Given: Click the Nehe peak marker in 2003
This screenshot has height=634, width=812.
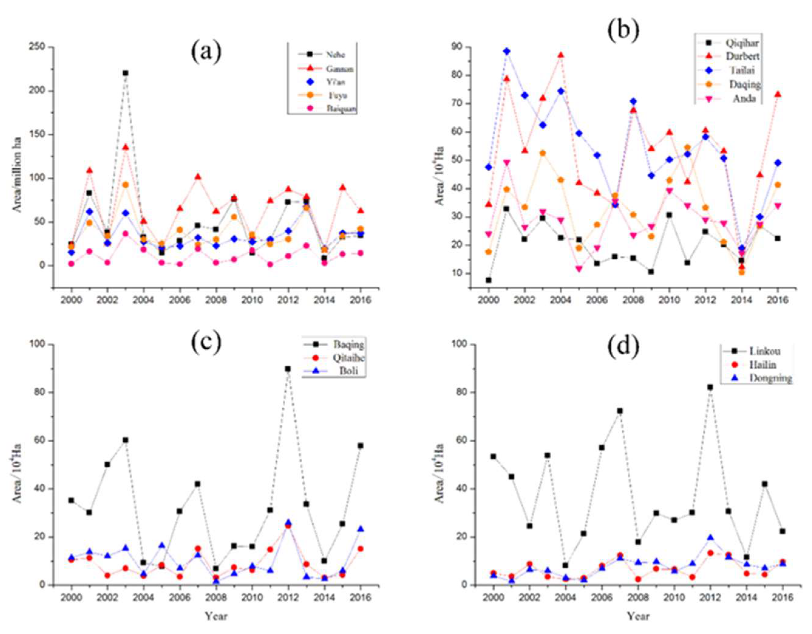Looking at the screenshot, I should pyautogui.click(x=126, y=73).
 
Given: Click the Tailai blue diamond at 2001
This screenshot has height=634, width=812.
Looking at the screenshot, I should pyautogui.click(x=507, y=51).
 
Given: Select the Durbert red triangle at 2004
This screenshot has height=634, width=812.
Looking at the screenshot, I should pyautogui.click(x=561, y=55).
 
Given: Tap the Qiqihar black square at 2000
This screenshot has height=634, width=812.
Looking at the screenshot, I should pyautogui.click(x=488, y=280).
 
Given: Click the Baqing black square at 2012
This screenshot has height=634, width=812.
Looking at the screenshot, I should pyautogui.click(x=288, y=369).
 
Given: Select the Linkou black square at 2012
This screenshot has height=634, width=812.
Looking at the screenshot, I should pyautogui.click(x=710, y=387).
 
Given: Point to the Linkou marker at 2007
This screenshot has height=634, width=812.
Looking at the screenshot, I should pyautogui.click(x=620, y=411).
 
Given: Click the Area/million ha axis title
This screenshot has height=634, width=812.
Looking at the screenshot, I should pyautogui.click(x=17, y=174).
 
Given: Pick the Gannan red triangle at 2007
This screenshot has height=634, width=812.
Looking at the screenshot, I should pyautogui.click(x=198, y=177).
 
